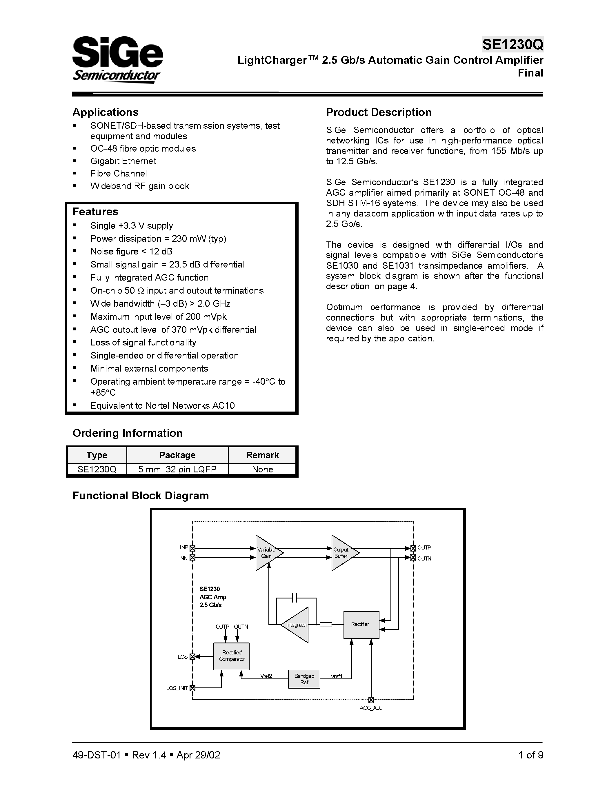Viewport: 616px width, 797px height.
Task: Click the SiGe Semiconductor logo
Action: click(x=117, y=59)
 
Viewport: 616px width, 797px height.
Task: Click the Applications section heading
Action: click(x=106, y=112)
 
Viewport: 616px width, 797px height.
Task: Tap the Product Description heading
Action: click(x=378, y=112)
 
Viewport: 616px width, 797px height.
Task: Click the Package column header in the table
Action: click(x=177, y=455)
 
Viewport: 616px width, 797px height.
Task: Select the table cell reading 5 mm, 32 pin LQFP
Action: click(x=177, y=469)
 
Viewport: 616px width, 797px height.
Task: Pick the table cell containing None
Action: click(x=262, y=469)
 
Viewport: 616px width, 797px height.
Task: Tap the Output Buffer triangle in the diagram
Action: click(x=342, y=553)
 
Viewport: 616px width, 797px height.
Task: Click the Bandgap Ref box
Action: click(x=304, y=679)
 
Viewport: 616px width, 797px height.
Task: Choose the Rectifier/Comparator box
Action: click(x=231, y=656)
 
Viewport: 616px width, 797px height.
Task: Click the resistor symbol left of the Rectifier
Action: click(x=326, y=625)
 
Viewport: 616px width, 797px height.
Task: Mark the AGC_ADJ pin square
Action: click(x=371, y=700)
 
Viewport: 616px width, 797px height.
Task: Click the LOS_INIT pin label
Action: click(x=177, y=688)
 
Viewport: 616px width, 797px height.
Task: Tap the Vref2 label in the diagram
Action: click(x=266, y=676)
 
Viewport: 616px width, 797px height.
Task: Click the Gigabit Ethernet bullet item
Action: click(x=123, y=161)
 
